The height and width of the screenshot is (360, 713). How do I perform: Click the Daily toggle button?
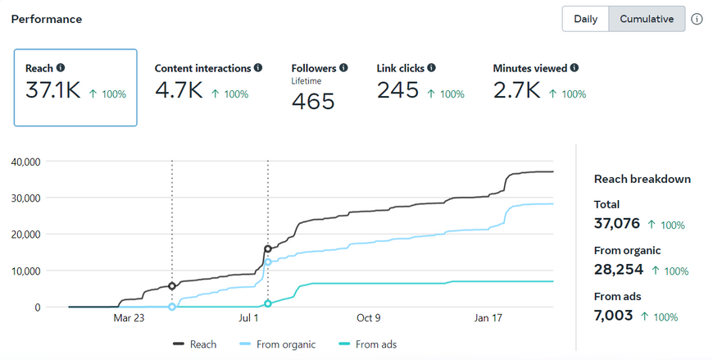(x=585, y=19)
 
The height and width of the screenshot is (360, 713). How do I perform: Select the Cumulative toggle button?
(x=647, y=19)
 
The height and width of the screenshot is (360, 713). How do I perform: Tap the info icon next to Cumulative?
(x=697, y=19)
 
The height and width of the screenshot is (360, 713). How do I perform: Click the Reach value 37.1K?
(x=53, y=91)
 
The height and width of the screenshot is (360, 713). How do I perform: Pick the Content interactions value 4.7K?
(x=179, y=91)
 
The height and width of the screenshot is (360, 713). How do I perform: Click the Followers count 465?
(x=313, y=102)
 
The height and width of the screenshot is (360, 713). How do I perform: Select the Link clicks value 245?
(x=398, y=91)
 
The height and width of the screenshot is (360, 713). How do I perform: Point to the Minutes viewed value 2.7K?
(x=516, y=91)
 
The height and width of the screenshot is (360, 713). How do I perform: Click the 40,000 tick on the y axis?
(x=25, y=162)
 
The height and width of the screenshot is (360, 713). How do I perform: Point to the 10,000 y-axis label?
(x=25, y=271)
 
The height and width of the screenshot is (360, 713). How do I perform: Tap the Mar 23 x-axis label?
(x=129, y=318)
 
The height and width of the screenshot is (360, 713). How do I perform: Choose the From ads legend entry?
(x=377, y=344)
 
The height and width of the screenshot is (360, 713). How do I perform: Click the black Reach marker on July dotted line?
(x=268, y=248)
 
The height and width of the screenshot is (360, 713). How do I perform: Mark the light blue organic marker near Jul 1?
(x=268, y=262)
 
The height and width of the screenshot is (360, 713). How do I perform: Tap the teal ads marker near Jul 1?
(x=268, y=303)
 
